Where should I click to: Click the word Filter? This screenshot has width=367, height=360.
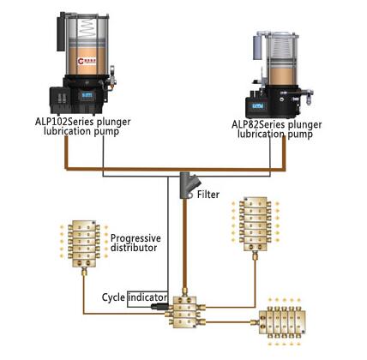click(209, 195)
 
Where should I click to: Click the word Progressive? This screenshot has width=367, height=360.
click(135, 237)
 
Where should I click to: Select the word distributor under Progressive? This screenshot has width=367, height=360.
click(135, 249)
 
